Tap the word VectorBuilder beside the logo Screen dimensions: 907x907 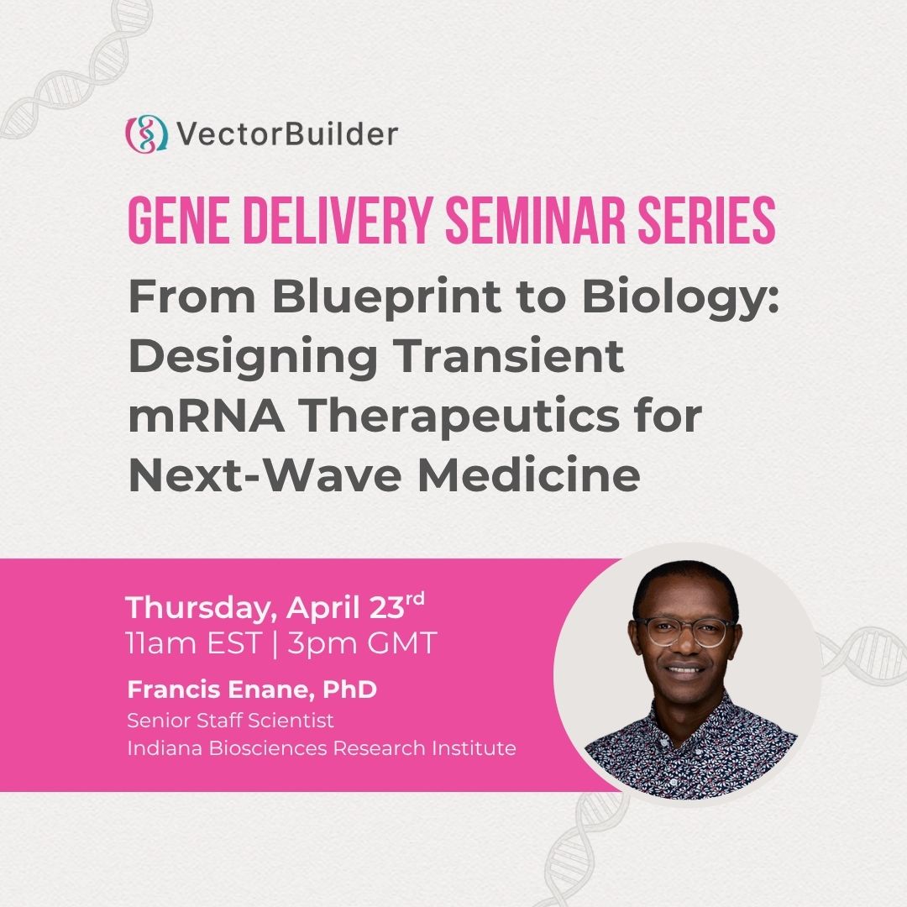(x=286, y=134)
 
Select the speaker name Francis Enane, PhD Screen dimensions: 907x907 (x=252, y=691)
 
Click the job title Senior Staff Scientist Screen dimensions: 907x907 (x=230, y=721)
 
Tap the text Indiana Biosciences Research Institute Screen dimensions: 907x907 (x=322, y=747)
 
